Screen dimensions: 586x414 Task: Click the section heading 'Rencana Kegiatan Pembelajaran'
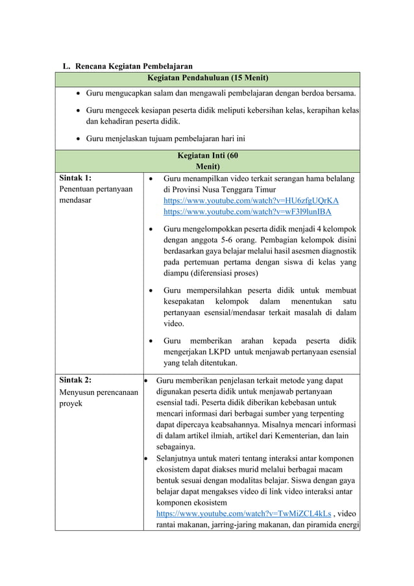pos(134,66)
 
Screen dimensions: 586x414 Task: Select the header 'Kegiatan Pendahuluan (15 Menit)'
pos(208,78)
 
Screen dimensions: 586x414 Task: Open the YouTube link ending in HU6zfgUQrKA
pos(250,201)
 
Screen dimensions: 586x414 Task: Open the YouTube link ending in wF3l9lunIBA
pos(247,212)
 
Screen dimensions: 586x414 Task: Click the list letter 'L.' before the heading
pos(66,66)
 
